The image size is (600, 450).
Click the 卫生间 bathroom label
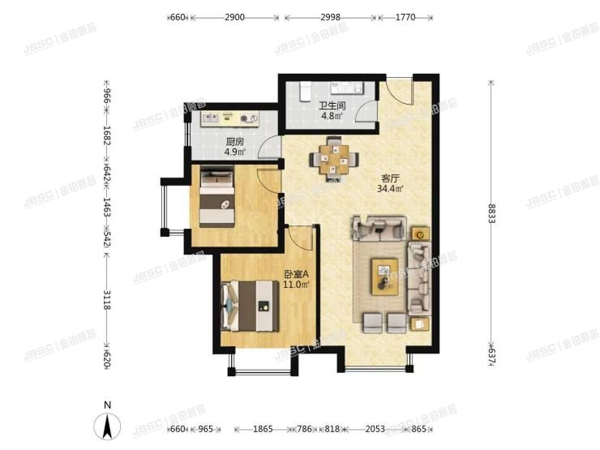[330, 105]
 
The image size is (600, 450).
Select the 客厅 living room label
[391, 180]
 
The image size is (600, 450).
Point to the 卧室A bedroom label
[295, 274]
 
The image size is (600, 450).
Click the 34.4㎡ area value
[391, 191]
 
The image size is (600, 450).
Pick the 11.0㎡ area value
[295, 285]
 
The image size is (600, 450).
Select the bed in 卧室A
[251, 305]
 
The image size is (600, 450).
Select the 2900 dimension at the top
[236, 17]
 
